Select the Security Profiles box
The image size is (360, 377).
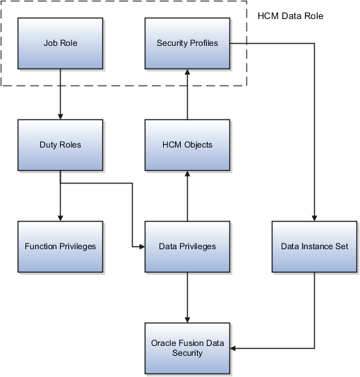[x=186, y=43]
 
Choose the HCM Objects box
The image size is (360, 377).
[x=186, y=145]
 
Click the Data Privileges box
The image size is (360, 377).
[x=186, y=246]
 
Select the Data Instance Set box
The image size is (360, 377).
[x=313, y=246]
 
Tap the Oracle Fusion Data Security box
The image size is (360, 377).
[x=186, y=347]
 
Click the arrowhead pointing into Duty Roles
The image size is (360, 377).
[x=60, y=116]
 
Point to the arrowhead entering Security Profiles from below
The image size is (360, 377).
[x=187, y=72]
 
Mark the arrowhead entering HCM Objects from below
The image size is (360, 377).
[x=187, y=174]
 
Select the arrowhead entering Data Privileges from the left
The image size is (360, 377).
[x=140, y=247]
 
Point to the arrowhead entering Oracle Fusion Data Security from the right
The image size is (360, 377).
[x=234, y=348]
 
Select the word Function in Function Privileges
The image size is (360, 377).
[x=41, y=246]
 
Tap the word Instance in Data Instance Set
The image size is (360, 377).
[x=314, y=246]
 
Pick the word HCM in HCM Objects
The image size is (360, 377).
[x=170, y=145]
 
